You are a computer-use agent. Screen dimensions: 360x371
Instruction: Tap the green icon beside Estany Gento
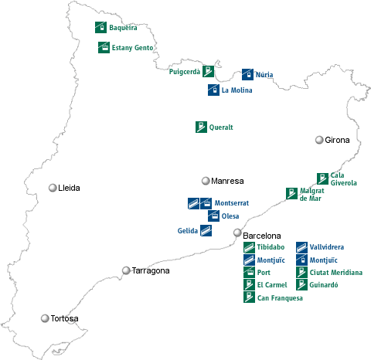(104, 47)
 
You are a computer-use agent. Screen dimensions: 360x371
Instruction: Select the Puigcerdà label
(184, 72)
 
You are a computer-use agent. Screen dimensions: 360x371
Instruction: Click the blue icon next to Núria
(247, 75)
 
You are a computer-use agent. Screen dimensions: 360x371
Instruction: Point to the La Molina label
(237, 90)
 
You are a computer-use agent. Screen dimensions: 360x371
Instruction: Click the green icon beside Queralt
(201, 127)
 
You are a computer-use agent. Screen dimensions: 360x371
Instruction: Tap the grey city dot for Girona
(318, 140)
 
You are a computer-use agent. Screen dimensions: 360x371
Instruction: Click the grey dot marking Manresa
(206, 181)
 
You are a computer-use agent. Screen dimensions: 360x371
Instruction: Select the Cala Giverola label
(343, 179)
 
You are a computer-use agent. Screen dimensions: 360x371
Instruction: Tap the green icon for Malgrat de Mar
(291, 192)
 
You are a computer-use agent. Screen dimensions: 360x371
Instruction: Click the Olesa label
(230, 216)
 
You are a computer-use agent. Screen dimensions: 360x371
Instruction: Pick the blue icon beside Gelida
(206, 230)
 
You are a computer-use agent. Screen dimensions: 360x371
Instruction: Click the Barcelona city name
(261, 235)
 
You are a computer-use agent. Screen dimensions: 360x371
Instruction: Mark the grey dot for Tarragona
(126, 270)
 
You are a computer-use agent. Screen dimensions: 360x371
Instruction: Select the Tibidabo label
(273, 247)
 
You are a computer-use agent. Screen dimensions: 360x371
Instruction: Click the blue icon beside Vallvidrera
(301, 247)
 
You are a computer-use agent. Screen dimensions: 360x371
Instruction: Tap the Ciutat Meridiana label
(335, 273)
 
